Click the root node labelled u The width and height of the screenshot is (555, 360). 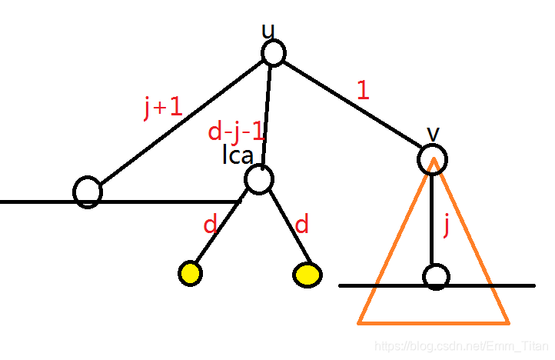[x=273, y=53]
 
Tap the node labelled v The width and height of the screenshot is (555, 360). [x=433, y=158]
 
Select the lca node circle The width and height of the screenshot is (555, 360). [x=259, y=179]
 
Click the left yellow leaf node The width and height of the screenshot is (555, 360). [x=190, y=273]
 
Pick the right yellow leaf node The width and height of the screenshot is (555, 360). [x=307, y=275]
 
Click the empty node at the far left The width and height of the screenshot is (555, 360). [x=88, y=192]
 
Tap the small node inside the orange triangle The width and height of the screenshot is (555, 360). [x=436, y=277]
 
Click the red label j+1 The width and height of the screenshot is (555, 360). [x=163, y=108]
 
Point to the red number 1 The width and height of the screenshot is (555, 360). [x=363, y=91]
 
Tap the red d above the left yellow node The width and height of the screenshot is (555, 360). [x=210, y=225]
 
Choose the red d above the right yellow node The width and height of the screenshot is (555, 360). [x=302, y=225]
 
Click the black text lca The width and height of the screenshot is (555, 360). [x=238, y=156]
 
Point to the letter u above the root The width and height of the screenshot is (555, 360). [x=268, y=32]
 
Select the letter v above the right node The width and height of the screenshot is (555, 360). [x=434, y=133]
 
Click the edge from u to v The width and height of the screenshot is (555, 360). [x=353, y=105]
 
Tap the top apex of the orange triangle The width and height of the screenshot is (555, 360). [x=434, y=159]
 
